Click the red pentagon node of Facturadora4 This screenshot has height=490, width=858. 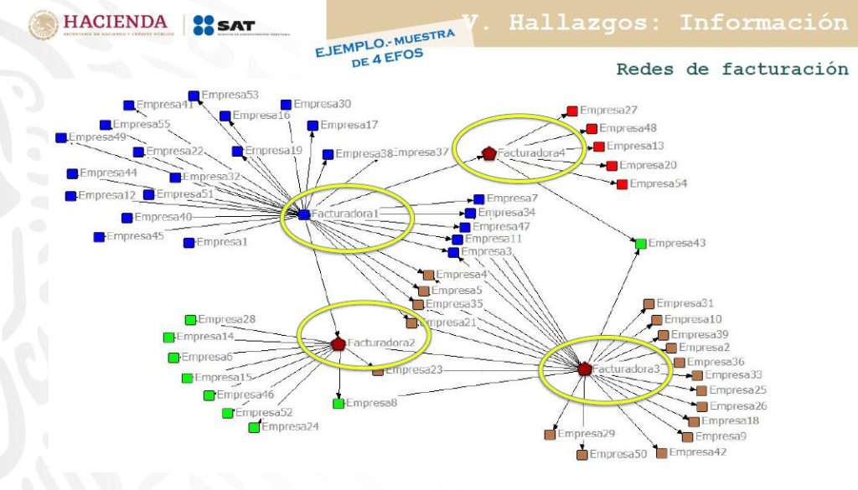[x=489, y=153]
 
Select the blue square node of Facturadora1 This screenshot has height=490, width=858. [x=303, y=214]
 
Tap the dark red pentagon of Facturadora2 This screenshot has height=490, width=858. [x=339, y=343]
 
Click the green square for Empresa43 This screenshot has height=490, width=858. [x=641, y=244]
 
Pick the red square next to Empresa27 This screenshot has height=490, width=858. [x=571, y=111]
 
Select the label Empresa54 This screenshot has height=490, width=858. [x=658, y=183]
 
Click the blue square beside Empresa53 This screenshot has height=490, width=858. [x=194, y=95]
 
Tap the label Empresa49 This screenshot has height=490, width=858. [x=97, y=137]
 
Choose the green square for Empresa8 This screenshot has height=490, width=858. [x=339, y=404]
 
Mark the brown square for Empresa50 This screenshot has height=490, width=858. [x=581, y=455]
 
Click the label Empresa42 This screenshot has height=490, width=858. [x=697, y=452]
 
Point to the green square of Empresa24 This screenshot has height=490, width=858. [x=254, y=428]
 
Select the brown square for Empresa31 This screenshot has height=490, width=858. [x=649, y=303]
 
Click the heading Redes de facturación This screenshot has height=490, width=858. [x=732, y=69]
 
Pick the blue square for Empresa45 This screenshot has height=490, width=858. [x=99, y=237]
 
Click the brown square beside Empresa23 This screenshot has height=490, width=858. [x=378, y=370]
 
